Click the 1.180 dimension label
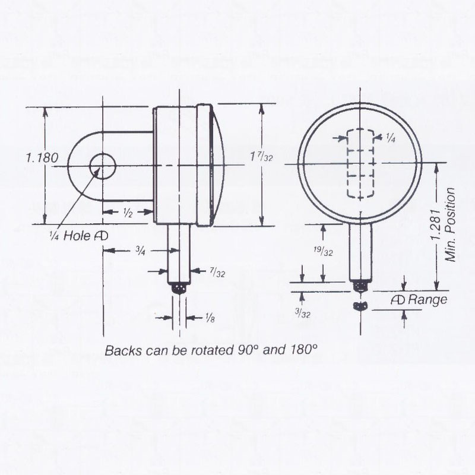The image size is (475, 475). [42, 159]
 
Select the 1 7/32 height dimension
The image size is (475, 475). [261, 158]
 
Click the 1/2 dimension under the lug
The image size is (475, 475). [127, 213]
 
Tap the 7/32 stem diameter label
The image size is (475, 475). [217, 273]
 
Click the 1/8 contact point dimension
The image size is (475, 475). [210, 319]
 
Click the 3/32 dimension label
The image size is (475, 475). [303, 313]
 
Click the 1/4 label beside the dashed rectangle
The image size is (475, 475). [391, 138]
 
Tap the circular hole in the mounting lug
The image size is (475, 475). [103, 165]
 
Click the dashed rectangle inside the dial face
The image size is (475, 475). [361, 164]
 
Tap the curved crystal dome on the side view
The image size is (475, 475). [218, 164]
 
